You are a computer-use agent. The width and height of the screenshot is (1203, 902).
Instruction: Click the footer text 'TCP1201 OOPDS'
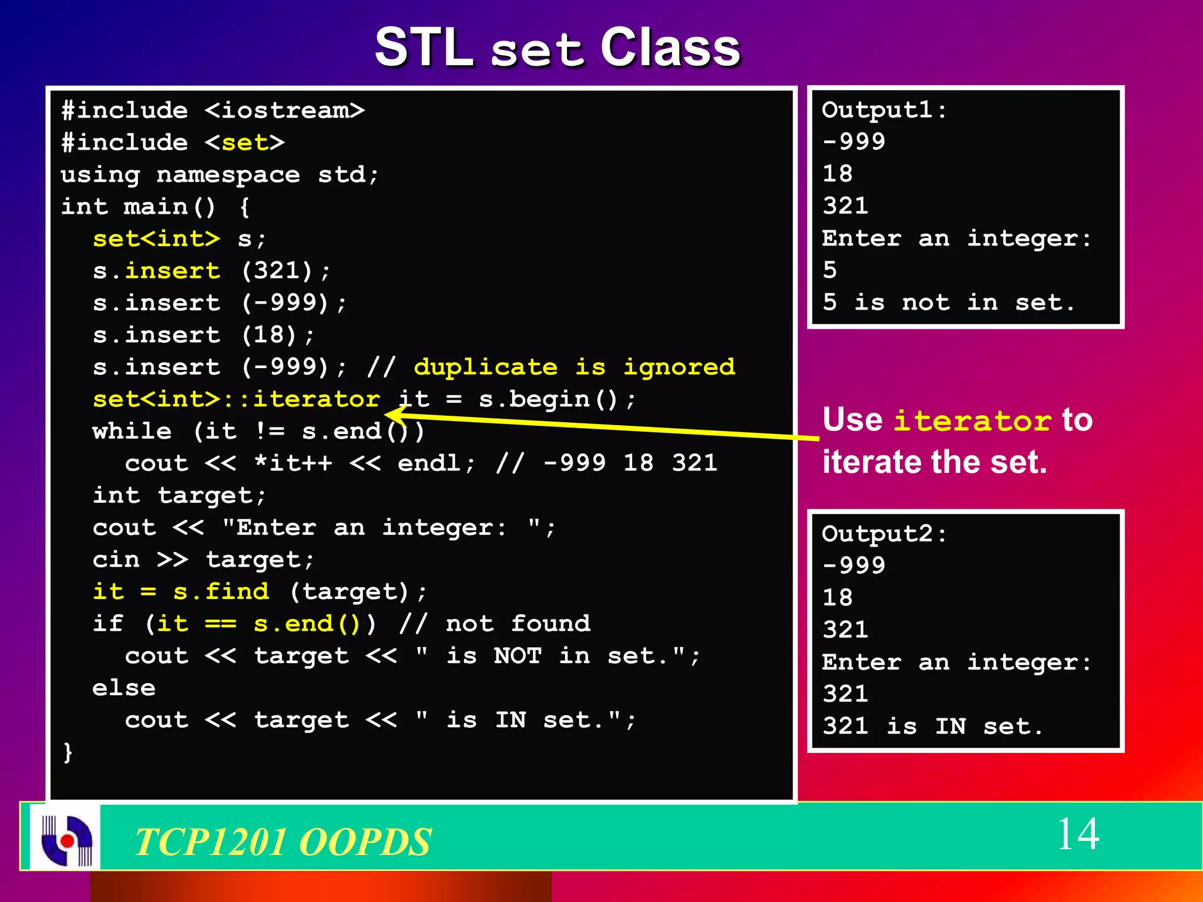[x=283, y=841]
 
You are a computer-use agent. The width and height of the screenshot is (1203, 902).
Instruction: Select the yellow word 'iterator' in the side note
[x=972, y=421]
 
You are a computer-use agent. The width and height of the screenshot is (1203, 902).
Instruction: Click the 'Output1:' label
[x=884, y=110]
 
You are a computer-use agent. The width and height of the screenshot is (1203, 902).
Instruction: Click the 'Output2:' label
[x=884, y=534]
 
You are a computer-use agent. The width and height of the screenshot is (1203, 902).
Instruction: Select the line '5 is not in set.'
[x=948, y=302]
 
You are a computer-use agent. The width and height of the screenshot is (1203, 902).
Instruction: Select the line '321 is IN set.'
[x=932, y=726]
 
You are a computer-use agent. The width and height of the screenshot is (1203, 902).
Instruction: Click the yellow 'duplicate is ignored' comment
[x=574, y=367]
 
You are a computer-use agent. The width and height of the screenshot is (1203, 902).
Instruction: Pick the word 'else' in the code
[x=124, y=688]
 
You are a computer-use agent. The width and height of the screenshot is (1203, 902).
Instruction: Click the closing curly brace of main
[x=68, y=752]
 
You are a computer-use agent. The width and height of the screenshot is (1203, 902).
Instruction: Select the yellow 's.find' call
[x=221, y=591]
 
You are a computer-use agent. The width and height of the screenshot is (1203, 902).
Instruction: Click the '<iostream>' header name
[x=285, y=110]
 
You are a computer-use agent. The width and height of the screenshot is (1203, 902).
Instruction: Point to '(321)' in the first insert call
[x=277, y=271]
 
